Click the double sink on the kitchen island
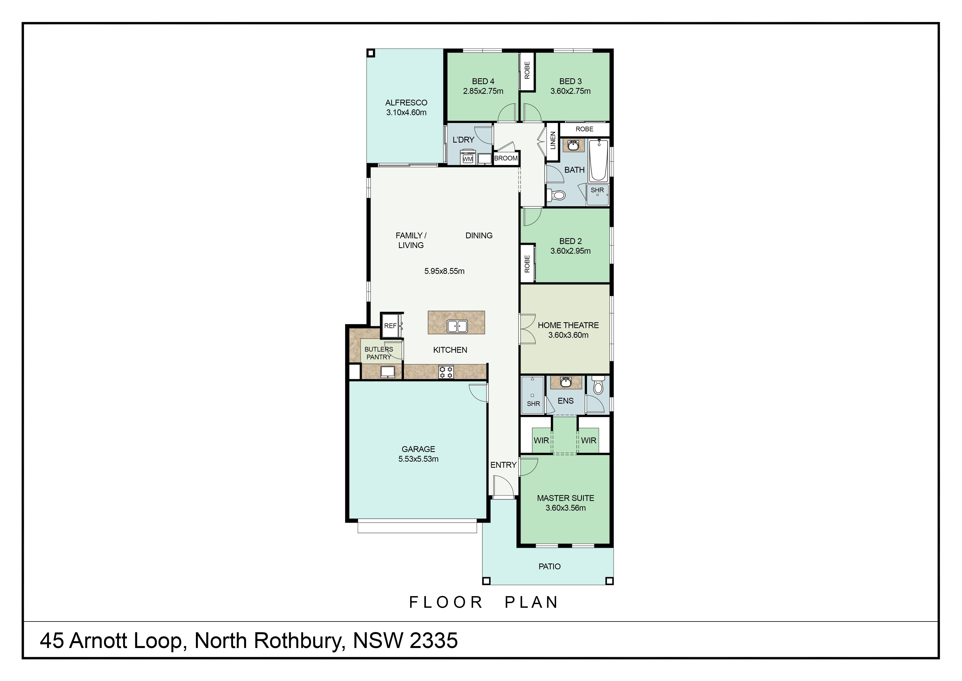pos(457,326)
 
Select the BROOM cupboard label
pos(506,158)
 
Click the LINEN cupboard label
pos(553,140)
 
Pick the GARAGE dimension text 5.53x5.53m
pos(418,459)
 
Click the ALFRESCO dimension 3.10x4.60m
pos(406,112)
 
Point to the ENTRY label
pos(503,465)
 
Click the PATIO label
pos(549,567)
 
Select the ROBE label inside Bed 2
pos(527,264)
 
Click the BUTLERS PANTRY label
pos(379,353)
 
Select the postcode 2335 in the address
pos(434,641)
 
